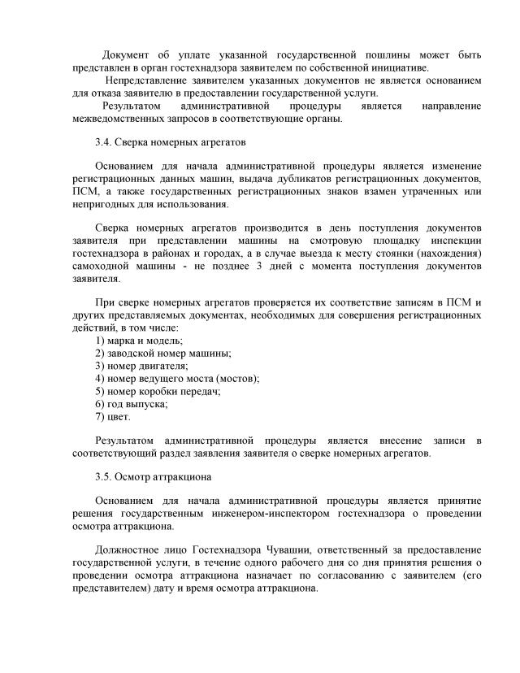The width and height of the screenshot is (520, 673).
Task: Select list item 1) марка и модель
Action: [139, 340]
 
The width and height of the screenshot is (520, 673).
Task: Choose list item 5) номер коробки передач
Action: [158, 391]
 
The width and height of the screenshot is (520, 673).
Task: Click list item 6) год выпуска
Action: [132, 404]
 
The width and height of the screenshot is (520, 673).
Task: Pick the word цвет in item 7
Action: [119, 417]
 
